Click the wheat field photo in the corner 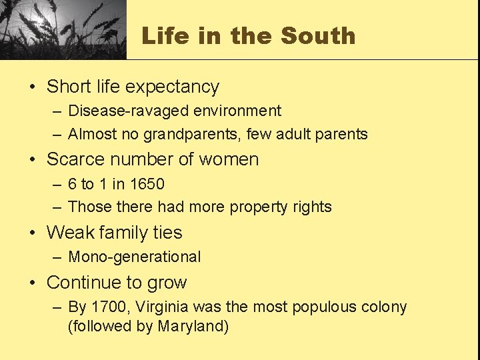(x=63, y=29)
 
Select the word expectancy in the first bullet (x=172, y=87)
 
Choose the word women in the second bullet (x=229, y=159)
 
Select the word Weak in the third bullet (x=70, y=233)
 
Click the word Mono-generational (x=134, y=257)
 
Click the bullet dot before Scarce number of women (x=33, y=160)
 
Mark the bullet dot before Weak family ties (x=33, y=233)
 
